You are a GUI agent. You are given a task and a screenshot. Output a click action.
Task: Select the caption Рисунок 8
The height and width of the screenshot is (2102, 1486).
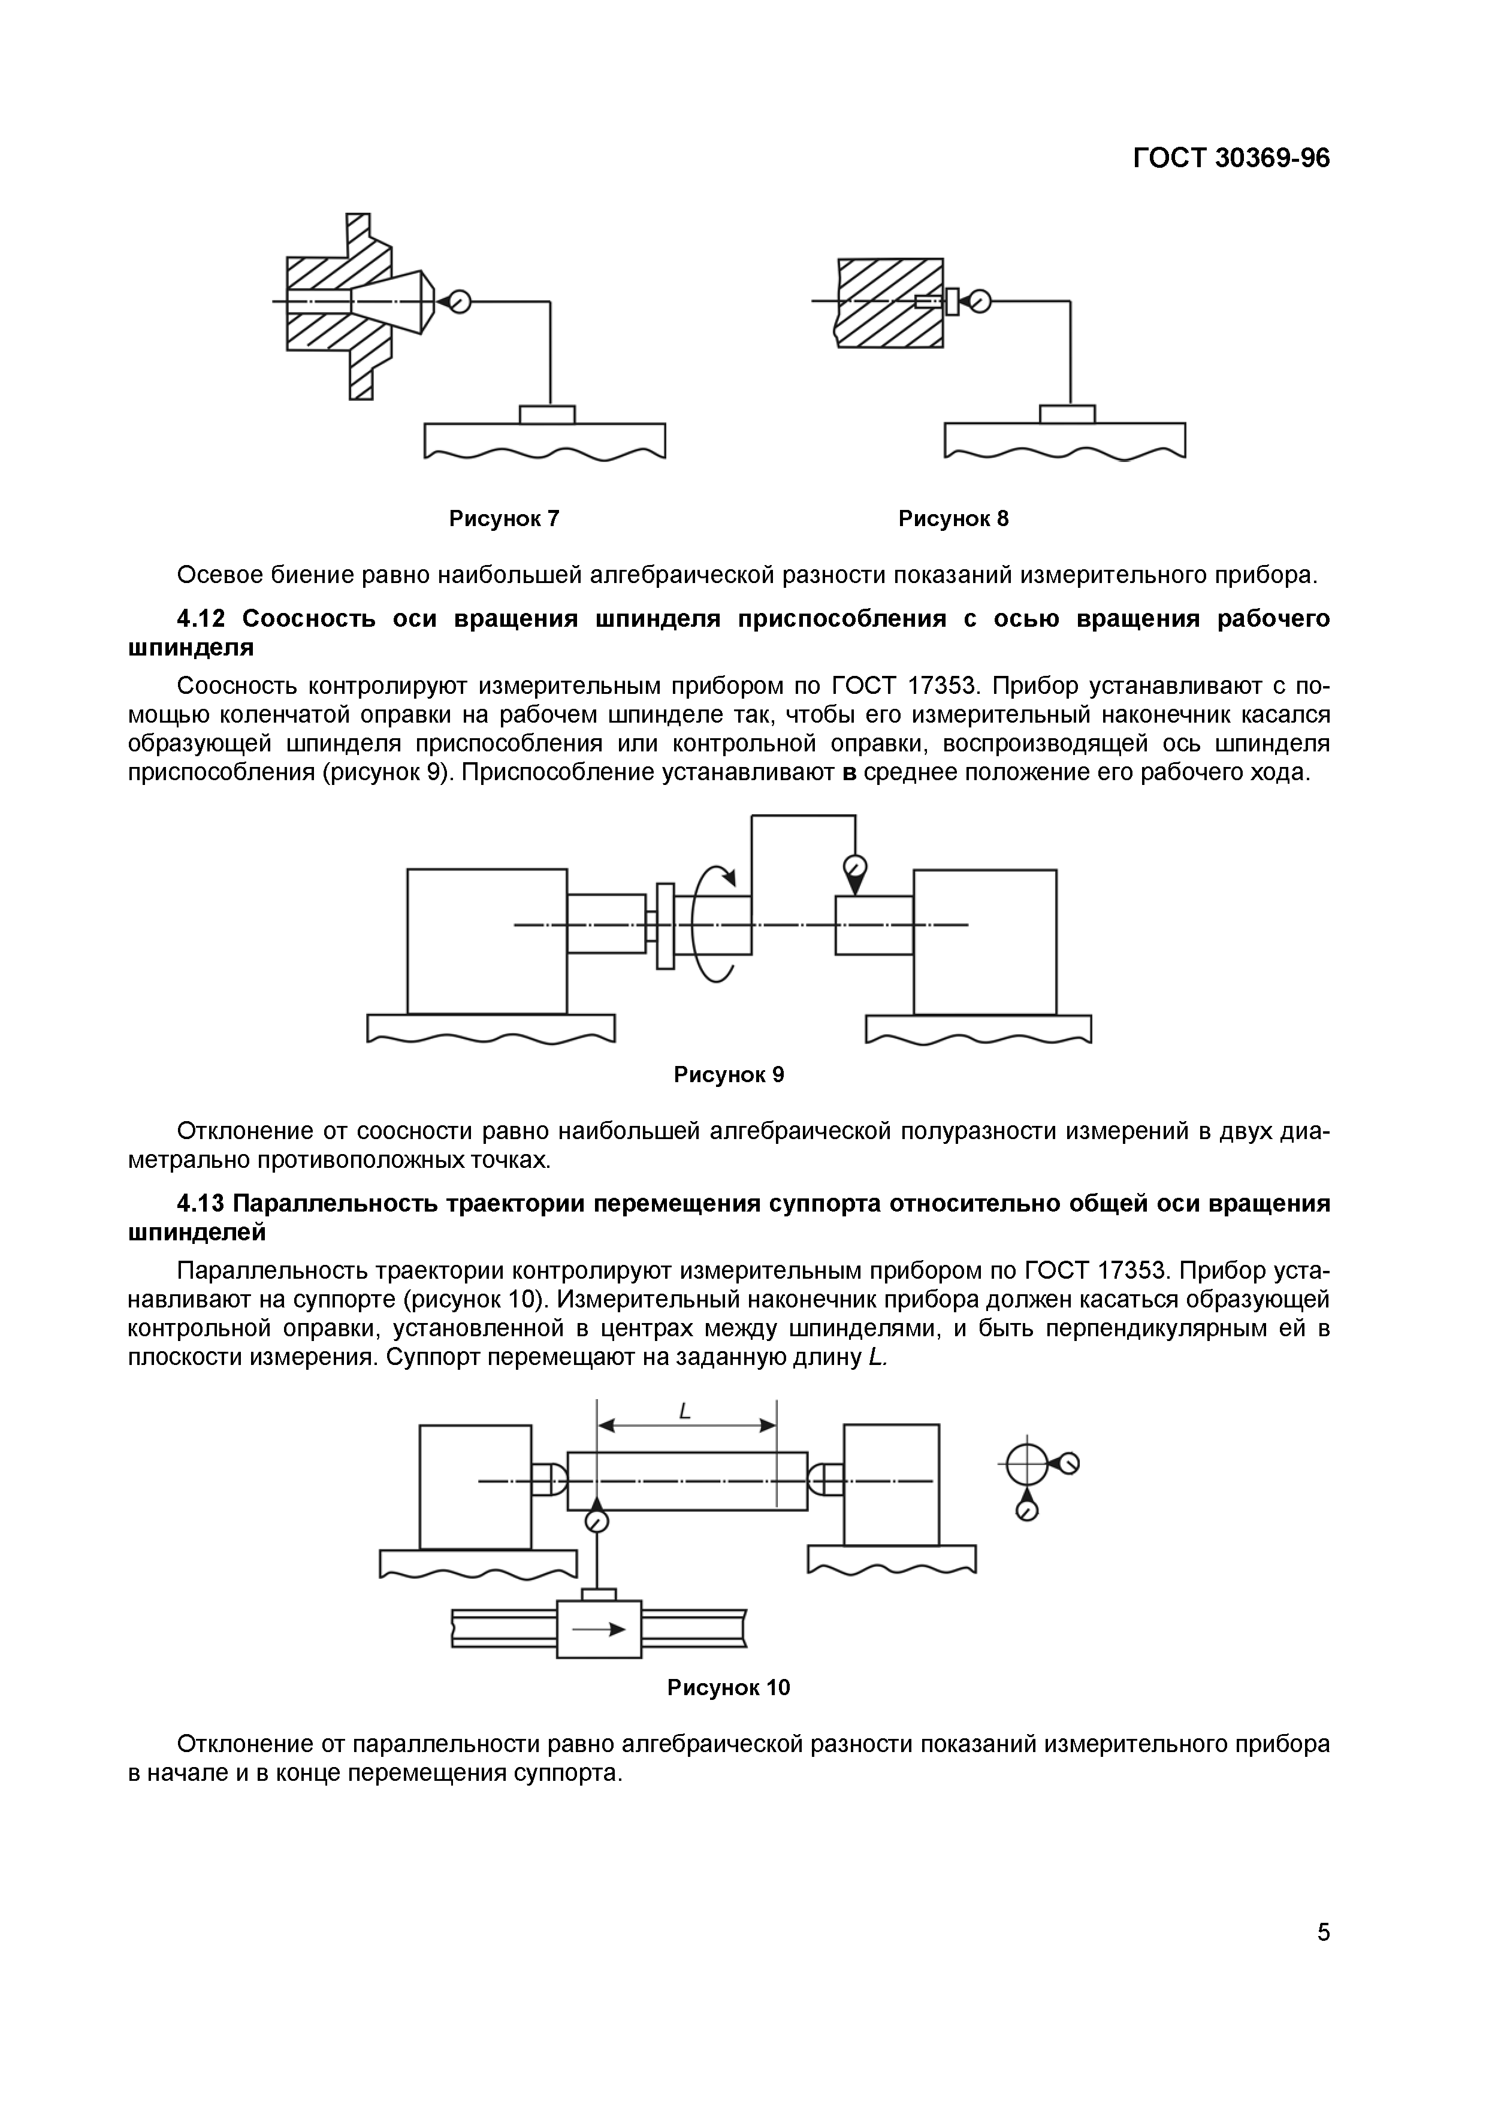tap(953, 519)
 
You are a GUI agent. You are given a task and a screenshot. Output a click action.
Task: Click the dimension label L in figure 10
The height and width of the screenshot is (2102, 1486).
tap(684, 1413)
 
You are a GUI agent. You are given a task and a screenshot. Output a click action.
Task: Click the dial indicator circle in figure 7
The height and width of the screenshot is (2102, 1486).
tap(460, 301)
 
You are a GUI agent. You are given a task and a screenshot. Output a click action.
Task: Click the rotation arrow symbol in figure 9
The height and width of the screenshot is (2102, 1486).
tap(714, 925)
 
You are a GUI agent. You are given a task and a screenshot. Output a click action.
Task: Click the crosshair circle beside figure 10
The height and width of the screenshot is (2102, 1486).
tap(1025, 1466)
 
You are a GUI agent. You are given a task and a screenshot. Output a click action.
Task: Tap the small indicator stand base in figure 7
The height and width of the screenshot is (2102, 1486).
tap(546, 415)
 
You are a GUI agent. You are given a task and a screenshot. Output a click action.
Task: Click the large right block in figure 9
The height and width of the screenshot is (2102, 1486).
tap(984, 941)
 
